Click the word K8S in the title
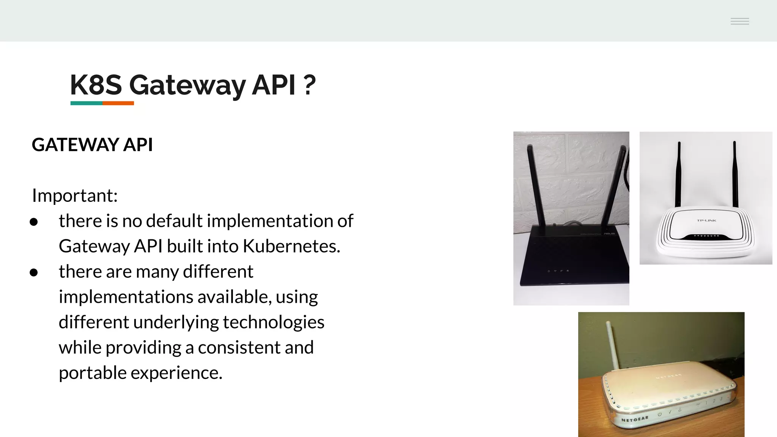click(96, 85)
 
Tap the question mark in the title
click(309, 85)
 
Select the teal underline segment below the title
click(86, 103)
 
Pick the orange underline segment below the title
click(118, 103)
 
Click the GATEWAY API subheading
click(92, 145)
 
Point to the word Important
click(75, 196)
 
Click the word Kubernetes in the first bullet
click(291, 246)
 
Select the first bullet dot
click(34, 222)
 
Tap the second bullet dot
click(34, 272)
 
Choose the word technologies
click(273, 322)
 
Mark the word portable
click(93, 373)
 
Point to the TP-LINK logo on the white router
click(706, 220)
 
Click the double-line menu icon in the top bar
click(739, 21)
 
